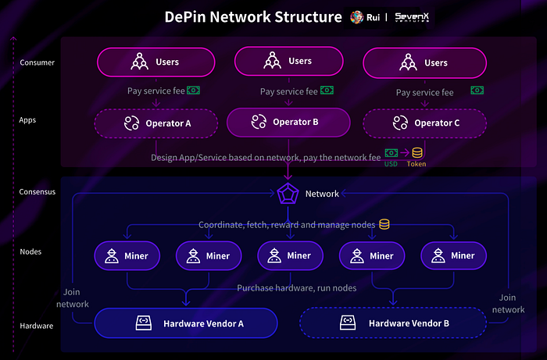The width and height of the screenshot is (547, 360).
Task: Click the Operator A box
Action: point(156,123)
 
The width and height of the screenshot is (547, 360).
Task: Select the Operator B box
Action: point(288,123)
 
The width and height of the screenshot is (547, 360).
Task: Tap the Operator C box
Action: point(424,123)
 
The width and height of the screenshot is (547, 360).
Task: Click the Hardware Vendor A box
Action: point(186,323)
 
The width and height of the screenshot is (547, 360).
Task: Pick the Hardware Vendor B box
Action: point(393,323)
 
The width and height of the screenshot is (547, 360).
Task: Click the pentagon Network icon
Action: point(288,194)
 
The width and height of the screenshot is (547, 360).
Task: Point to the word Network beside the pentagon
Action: point(322,194)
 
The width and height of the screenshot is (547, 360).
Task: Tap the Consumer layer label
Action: point(38,62)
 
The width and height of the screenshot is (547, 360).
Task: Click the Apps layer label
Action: point(27,120)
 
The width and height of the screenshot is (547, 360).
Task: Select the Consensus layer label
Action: point(38,192)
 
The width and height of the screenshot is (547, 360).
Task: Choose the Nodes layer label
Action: point(30,251)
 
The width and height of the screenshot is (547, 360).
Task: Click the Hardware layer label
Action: point(37,326)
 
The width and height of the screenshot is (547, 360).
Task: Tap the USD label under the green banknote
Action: point(391,164)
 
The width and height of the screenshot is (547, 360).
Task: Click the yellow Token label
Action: point(417,164)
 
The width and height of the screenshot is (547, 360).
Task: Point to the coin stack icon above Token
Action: point(417,152)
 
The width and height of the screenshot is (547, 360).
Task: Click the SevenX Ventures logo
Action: point(412,17)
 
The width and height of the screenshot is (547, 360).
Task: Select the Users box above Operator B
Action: point(289,61)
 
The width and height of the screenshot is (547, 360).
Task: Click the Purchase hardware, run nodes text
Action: point(297,288)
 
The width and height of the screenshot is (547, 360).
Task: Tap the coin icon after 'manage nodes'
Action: point(384,224)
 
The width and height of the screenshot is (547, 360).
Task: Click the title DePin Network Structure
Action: point(253,17)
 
